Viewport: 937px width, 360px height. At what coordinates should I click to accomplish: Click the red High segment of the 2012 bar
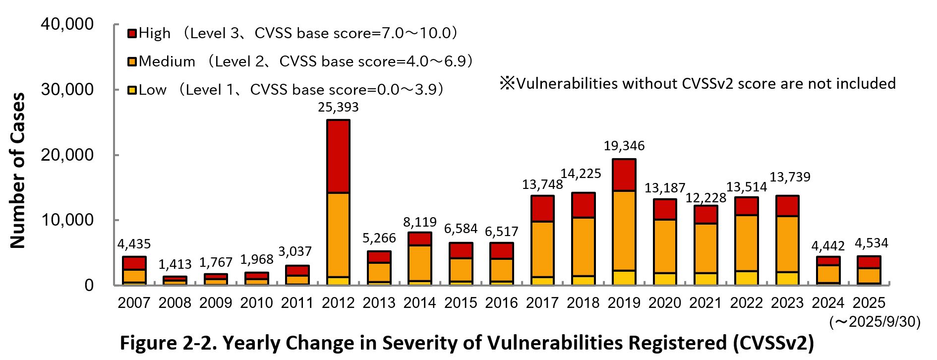pyautogui.click(x=338, y=156)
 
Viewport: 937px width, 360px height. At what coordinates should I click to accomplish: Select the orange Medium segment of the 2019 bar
pyautogui.click(x=624, y=231)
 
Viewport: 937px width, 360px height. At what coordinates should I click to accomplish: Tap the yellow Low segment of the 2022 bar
pyautogui.click(x=746, y=278)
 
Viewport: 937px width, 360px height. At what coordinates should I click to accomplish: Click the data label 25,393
pyautogui.click(x=338, y=107)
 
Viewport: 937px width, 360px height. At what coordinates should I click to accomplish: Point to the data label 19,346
pyautogui.click(x=624, y=146)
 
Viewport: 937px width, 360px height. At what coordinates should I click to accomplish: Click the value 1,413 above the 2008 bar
pyautogui.click(x=175, y=264)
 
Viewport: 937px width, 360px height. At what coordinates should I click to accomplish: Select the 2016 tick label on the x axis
pyautogui.click(x=501, y=302)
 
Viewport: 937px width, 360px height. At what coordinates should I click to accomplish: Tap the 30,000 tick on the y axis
pyautogui.click(x=67, y=90)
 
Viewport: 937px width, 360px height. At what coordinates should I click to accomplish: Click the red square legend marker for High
pyautogui.click(x=132, y=34)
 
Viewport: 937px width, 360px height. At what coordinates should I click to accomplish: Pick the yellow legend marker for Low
pyautogui.click(x=132, y=90)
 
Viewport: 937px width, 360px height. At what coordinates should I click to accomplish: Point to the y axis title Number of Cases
pyautogui.click(x=18, y=170)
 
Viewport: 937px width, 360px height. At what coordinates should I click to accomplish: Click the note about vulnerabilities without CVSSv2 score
pyautogui.click(x=698, y=83)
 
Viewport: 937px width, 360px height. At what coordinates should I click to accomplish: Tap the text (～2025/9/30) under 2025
pyautogui.click(x=875, y=322)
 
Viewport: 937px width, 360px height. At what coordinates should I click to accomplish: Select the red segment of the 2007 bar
pyautogui.click(x=134, y=263)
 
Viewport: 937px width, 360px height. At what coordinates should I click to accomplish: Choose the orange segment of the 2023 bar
pyautogui.click(x=787, y=244)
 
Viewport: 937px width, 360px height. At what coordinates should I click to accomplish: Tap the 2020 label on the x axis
pyautogui.click(x=664, y=302)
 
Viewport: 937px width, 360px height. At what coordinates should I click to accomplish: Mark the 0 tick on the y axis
pyautogui.click(x=89, y=285)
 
